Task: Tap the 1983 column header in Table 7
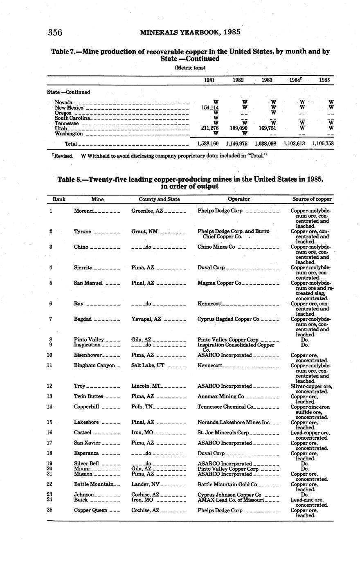267,80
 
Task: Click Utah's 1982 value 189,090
238,128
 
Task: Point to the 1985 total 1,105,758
323,144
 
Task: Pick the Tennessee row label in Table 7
67,123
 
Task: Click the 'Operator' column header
239,199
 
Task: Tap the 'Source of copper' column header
312,199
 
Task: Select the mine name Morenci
84,211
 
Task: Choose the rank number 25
51,510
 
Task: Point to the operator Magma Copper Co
219,283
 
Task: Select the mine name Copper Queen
90,510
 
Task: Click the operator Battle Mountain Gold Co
227,484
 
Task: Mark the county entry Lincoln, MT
146,386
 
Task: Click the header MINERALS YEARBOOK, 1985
190,32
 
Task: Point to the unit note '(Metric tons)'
190,67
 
